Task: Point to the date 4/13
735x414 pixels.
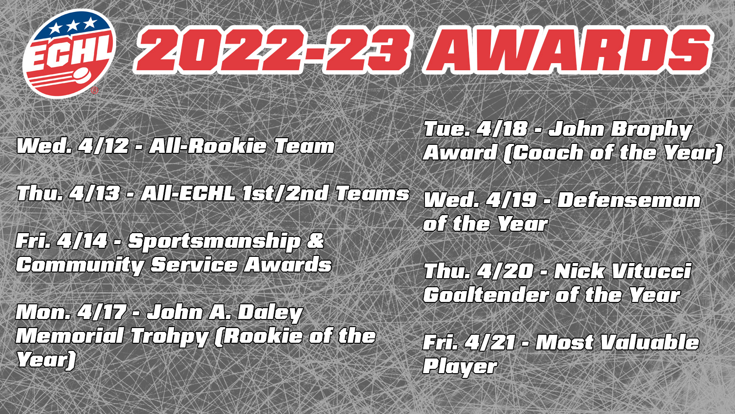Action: [x=94, y=194]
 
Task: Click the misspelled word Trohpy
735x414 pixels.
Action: [x=169, y=337]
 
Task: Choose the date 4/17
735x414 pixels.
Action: [x=102, y=312]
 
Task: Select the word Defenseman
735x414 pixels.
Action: [x=628, y=200]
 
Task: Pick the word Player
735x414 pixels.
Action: [x=460, y=367]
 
